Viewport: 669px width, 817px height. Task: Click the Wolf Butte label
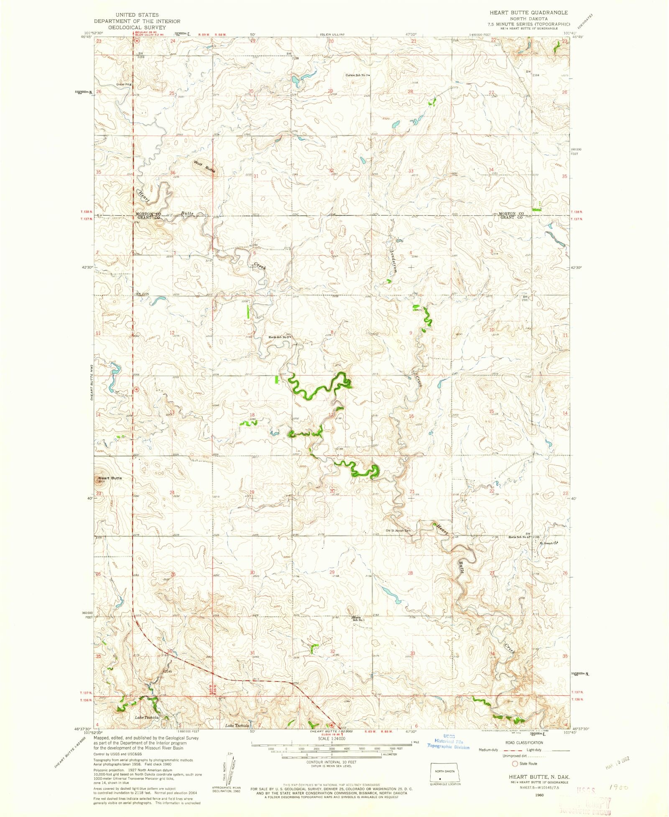point(204,167)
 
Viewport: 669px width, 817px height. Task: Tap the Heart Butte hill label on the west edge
point(110,478)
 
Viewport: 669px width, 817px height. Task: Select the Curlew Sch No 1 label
point(357,75)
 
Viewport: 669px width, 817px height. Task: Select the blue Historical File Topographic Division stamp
point(448,742)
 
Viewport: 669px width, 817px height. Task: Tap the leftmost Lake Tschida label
point(146,717)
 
